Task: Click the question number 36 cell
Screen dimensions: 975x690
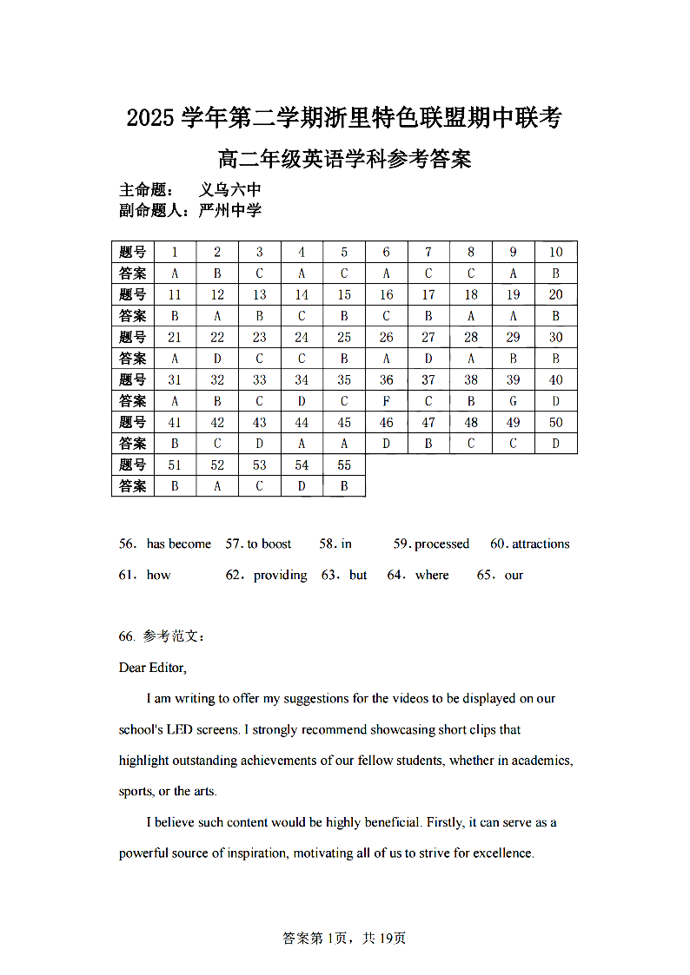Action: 387,379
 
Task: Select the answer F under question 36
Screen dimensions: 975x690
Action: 387,401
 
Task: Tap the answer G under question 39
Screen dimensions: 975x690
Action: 514,401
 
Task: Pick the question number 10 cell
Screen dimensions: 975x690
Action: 556,252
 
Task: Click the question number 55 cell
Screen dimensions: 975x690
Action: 344,464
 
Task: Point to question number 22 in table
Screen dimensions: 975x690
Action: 217,337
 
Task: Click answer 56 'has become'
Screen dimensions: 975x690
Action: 178,544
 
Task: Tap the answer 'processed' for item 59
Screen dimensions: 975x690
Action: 441,544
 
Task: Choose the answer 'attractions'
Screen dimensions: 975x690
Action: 541,544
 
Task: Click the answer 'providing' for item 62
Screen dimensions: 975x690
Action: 280,576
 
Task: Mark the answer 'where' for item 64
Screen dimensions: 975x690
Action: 432,576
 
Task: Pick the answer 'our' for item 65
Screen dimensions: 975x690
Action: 514,576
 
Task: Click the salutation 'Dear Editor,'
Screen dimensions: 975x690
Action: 153,668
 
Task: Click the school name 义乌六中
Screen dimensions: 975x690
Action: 230,190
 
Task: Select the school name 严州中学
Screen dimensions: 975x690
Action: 230,210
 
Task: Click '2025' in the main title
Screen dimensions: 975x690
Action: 151,117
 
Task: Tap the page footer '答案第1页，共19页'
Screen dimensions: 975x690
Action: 344,938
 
